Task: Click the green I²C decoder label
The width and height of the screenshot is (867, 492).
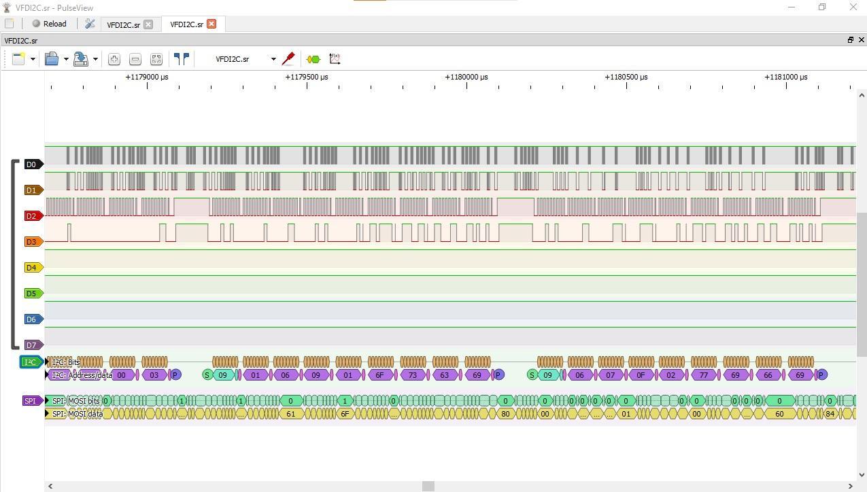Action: click(x=31, y=362)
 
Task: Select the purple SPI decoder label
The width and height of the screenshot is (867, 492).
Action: click(x=31, y=401)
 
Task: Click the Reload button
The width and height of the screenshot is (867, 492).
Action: click(x=49, y=24)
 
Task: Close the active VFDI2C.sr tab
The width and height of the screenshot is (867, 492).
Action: click(x=211, y=24)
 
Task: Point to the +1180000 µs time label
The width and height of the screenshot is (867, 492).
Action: click(x=466, y=77)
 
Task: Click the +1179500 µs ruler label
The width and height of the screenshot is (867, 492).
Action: click(x=307, y=77)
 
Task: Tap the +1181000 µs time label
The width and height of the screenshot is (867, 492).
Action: click(x=786, y=77)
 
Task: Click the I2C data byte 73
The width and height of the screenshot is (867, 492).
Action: click(x=413, y=375)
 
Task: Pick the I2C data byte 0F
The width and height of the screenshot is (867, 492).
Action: click(x=641, y=375)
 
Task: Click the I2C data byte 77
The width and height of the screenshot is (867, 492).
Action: click(x=704, y=375)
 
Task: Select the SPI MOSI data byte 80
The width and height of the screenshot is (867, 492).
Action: click(x=505, y=414)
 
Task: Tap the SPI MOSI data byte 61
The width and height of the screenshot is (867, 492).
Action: click(x=291, y=414)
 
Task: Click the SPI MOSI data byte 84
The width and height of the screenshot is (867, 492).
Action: click(x=830, y=414)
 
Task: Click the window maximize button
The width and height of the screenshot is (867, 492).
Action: click(x=821, y=7)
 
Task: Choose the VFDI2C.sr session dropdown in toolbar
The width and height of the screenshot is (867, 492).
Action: click(x=245, y=59)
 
